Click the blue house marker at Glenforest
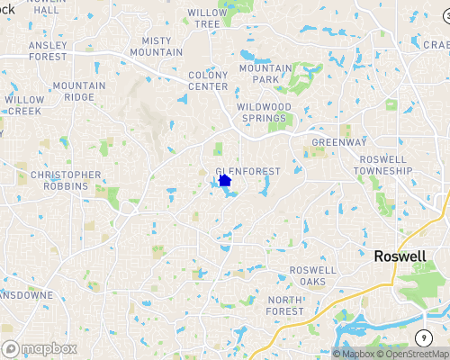tap(225, 180)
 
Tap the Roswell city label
tap(400, 256)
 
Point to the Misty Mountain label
tap(156, 47)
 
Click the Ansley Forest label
tap(54, 50)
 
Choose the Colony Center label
tap(208, 81)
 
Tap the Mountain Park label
tap(265, 75)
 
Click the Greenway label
tap(339, 142)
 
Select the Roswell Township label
tap(382, 165)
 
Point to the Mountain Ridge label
tap(78, 91)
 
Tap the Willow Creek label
tap(23, 105)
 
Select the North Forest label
tap(285, 305)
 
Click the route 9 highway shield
tap(422, 337)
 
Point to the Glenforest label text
tap(249, 171)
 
